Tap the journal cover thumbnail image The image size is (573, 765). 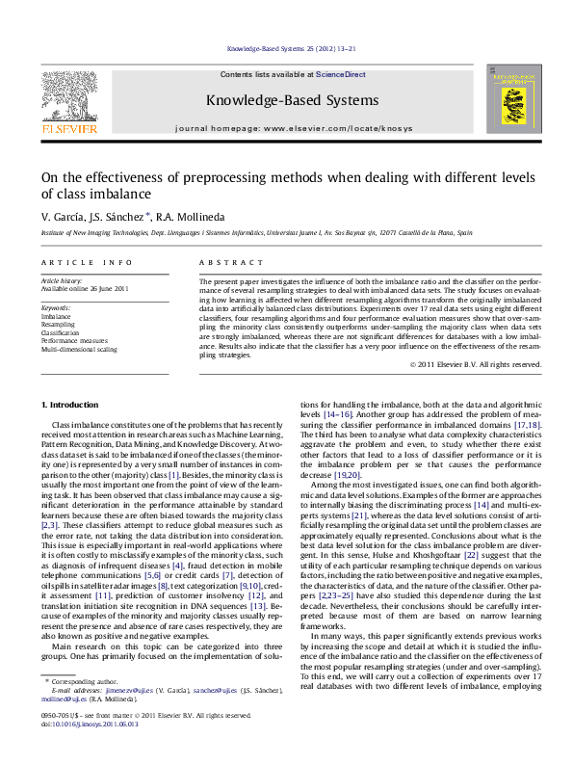509,102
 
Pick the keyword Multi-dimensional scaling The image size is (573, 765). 79,349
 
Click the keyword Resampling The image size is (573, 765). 58,325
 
